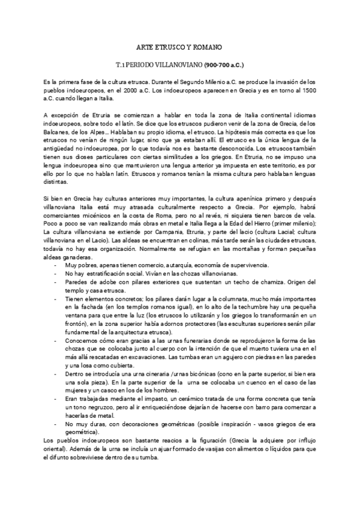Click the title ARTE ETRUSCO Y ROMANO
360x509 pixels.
coord(180,46)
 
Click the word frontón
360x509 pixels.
coord(76,323)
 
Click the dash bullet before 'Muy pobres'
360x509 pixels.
coord(56,265)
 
